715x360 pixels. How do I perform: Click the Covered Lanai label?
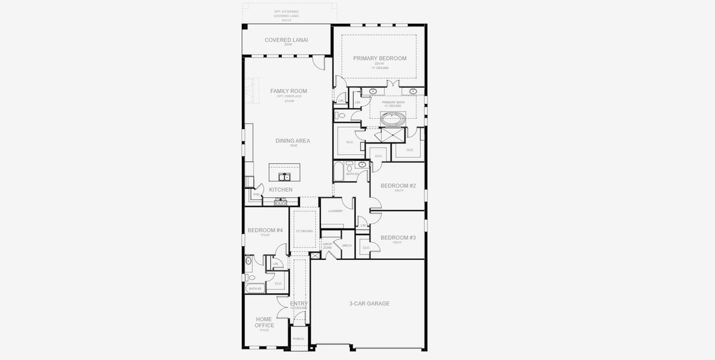[x=286, y=40]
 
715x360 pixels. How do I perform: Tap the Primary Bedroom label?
[x=380, y=59]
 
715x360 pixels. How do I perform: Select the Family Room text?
[x=288, y=91]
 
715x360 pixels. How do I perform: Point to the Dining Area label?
[x=293, y=141]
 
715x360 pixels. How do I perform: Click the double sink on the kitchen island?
[x=284, y=177]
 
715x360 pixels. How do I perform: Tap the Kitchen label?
[x=281, y=190]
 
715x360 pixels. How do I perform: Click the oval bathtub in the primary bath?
[x=393, y=119]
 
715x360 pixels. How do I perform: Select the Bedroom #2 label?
[x=398, y=186]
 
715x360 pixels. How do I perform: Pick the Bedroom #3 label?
[x=398, y=238]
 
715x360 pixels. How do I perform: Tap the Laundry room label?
[x=335, y=211]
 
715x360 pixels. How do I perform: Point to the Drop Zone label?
[x=327, y=246]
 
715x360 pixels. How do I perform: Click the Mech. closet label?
[x=347, y=245]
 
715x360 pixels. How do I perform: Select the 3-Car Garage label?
[x=369, y=304]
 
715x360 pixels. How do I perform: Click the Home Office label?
[x=265, y=322]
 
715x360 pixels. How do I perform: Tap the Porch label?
[x=298, y=339]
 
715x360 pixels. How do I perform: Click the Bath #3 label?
[x=256, y=289]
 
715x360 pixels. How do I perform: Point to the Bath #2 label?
[x=352, y=174]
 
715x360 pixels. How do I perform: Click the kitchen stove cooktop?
[x=280, y=202]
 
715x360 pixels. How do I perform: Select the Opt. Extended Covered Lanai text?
[x=286, y=15]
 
